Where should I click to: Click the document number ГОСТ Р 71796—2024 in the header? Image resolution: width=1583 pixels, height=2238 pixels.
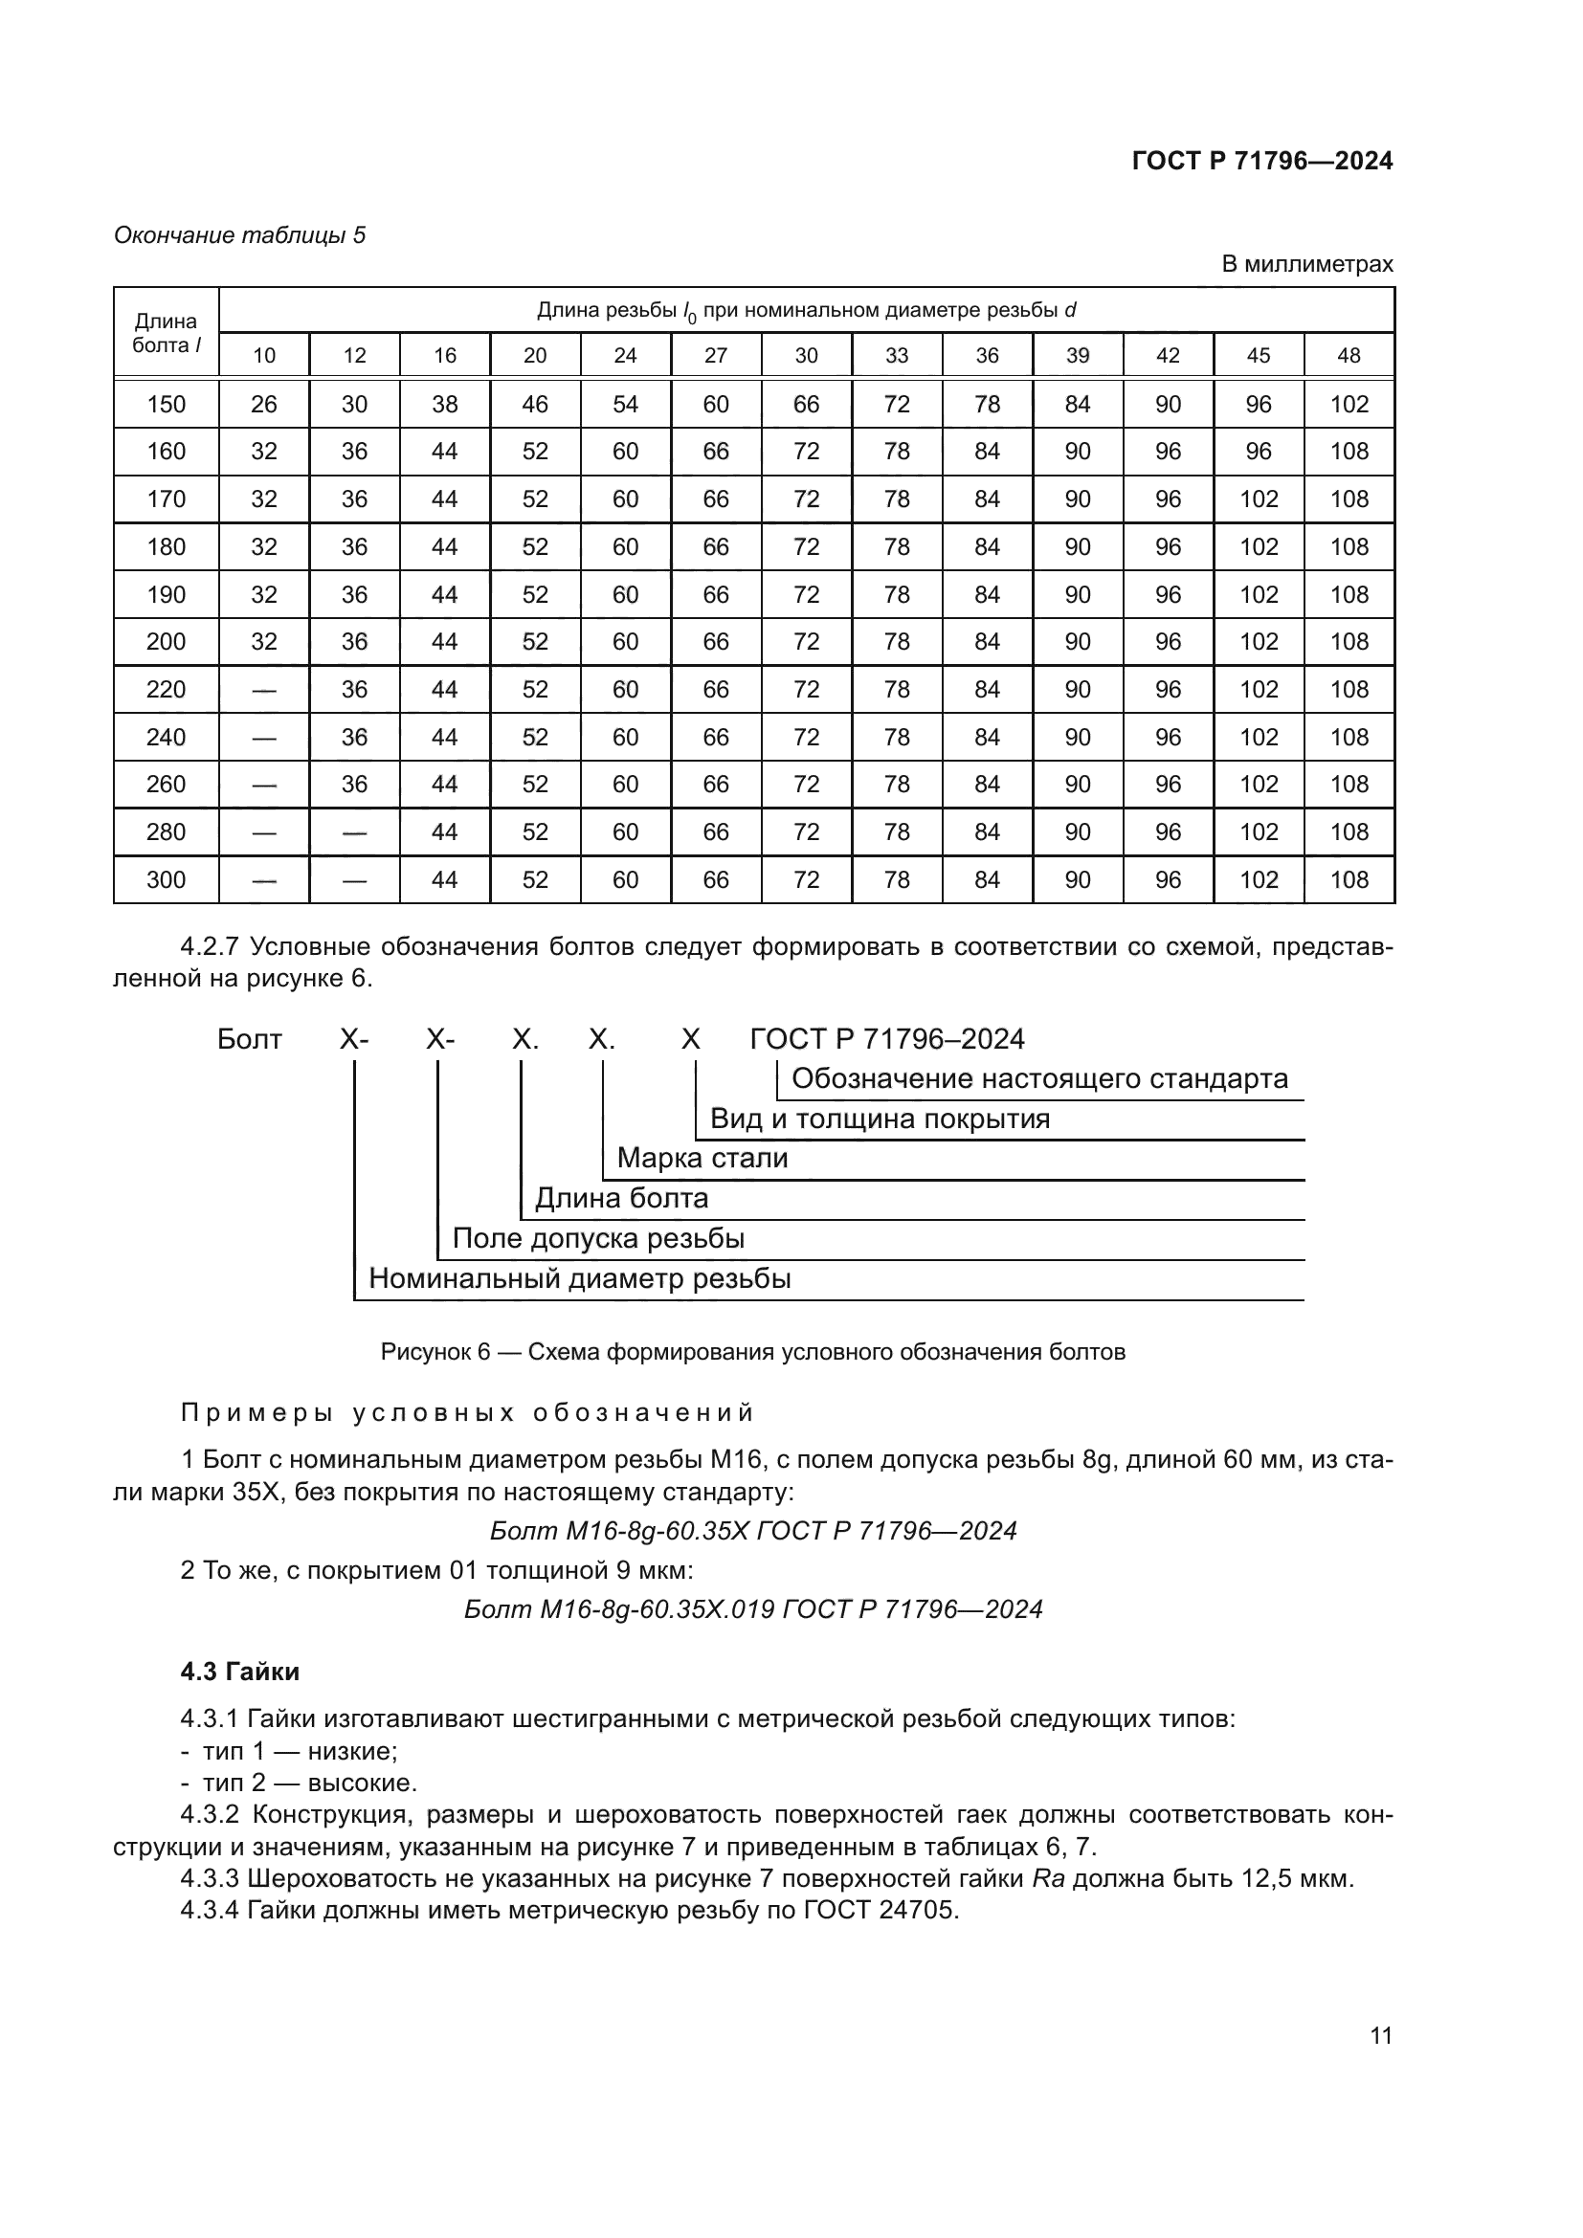(1261, 161)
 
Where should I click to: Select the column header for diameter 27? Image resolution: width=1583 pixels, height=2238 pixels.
(716, 356)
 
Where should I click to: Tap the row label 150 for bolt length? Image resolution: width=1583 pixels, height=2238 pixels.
(166, 405)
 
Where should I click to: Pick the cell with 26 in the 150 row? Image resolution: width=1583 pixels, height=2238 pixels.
(264, 405)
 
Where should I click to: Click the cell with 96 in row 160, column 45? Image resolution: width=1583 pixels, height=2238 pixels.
(1259, 452)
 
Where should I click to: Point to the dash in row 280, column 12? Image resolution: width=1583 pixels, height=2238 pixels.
(355, 832)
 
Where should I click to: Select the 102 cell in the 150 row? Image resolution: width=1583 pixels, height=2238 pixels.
(1349, 405)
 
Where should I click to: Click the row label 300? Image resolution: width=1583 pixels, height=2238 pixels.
(166, 880)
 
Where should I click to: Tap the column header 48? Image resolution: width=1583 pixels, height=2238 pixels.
(1349, 356)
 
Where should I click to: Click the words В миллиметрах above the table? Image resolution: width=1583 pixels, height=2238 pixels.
(1306, 264)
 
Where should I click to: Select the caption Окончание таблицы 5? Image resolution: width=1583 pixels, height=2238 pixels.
(240, 235)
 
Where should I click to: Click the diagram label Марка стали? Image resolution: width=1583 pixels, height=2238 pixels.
(702, 1158)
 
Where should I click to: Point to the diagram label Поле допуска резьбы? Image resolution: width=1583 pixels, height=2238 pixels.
(597, 1239)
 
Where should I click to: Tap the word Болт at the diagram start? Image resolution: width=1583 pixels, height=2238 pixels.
(250, 1039)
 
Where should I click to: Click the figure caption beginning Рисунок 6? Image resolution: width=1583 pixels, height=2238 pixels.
(752, 1352)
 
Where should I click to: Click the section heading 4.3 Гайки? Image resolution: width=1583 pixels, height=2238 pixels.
(240, 1672)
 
